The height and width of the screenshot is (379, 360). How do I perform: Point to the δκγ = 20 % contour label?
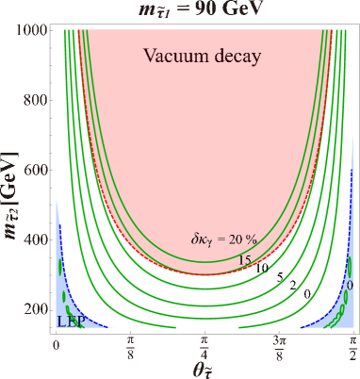coord(223,239)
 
